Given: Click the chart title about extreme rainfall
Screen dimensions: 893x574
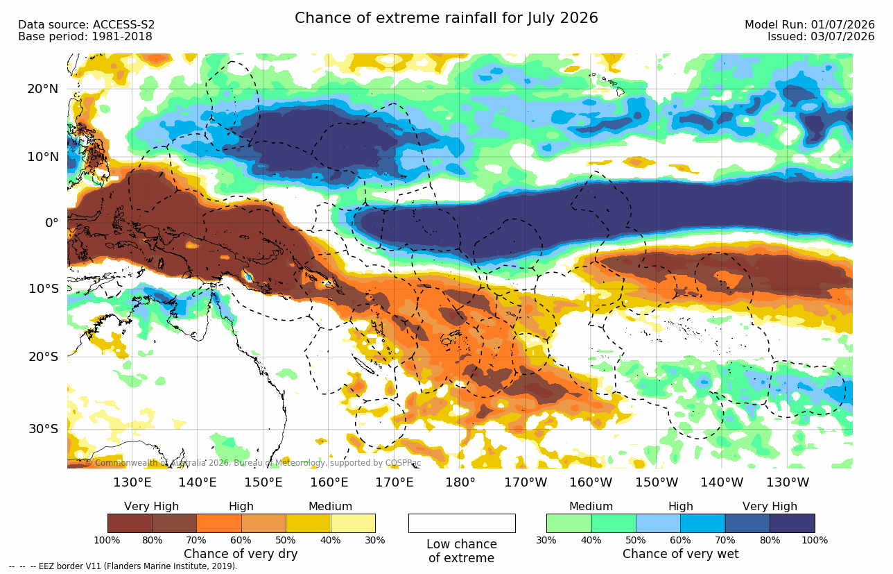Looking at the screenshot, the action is [446, 18].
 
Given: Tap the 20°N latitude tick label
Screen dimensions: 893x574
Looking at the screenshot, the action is [43, 89].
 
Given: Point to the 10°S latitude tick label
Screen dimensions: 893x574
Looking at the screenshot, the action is [44, 288].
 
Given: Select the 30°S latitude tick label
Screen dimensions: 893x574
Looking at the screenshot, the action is [44, 429].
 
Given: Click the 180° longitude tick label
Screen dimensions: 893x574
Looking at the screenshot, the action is [460, 482].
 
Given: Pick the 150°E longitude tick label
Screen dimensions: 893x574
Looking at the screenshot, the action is [263, 482].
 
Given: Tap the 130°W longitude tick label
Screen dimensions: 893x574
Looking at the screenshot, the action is [788, 482].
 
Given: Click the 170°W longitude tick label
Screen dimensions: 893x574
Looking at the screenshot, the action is [526, 482].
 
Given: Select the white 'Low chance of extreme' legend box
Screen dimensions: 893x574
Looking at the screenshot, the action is [462, 523].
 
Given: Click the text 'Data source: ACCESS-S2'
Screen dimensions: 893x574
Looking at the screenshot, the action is [86, 25].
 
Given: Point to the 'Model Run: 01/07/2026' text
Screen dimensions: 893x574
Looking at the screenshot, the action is [809, 25].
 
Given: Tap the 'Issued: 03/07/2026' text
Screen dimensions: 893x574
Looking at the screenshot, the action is [821, 37].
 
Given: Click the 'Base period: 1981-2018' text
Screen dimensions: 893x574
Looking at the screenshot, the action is [85, 37].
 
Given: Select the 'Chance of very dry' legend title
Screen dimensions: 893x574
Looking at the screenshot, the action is [241, 554].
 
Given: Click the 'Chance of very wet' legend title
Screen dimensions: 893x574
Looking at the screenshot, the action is [681, 554].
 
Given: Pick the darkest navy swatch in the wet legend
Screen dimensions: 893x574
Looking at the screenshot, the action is [792, 523].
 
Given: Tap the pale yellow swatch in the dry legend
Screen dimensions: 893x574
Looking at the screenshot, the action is [353, 523].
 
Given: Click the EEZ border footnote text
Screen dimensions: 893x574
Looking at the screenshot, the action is [123, 566].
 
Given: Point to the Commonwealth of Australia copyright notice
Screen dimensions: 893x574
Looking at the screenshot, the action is [253, 463].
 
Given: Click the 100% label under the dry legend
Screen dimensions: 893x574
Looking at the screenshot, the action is [107, 541].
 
